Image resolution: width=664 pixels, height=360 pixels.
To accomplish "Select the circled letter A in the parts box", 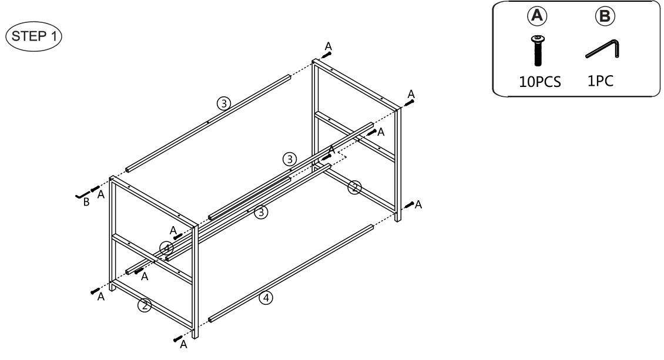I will [538, 16].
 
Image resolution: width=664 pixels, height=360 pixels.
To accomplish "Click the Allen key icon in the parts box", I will [602, 49].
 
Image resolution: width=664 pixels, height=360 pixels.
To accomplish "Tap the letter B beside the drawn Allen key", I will [86, 203].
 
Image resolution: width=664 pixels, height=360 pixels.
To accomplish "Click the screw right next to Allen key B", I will [94, 189].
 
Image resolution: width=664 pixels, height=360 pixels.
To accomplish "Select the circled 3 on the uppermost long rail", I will [223, 103].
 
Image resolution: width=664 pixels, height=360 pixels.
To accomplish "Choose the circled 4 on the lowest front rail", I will [266, 298].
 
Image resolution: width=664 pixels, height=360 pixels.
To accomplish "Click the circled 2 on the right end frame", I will [354, 187].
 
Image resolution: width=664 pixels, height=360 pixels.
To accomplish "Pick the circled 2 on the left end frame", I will [144, 305].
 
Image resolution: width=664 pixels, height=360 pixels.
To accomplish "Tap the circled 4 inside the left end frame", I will [167, 247].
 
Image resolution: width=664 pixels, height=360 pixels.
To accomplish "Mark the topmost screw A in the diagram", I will [327, 55].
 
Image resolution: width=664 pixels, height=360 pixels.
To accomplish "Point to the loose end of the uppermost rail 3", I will [129, 169].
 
